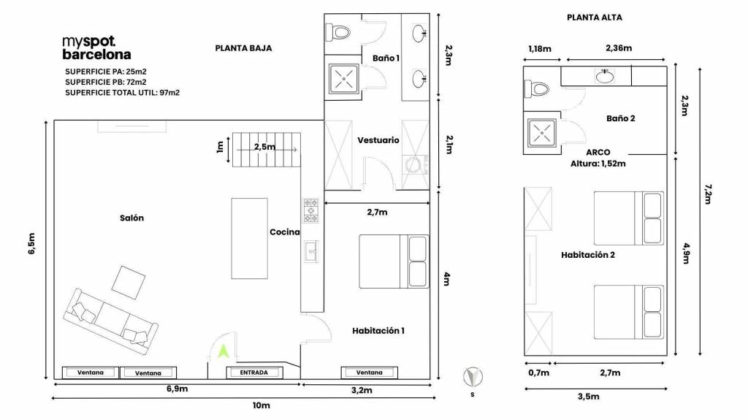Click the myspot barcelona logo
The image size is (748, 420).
pos(96,48)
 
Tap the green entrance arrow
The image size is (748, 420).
pos(224,352)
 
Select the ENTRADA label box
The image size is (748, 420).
pos(253,373)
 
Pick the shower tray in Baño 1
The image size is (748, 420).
pos(343,78)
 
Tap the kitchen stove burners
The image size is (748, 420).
pos(311,210)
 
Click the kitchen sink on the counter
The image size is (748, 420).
pos(311,251)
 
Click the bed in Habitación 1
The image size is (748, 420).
pos(394,261)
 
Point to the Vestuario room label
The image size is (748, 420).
pos(378,140)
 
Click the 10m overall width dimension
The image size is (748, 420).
pos(262,405)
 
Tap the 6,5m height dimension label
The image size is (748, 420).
pos(31,243)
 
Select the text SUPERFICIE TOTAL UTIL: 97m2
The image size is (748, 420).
pos(123,93)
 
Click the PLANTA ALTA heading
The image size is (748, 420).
pos(595,18)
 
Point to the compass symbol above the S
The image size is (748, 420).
pos(473,377)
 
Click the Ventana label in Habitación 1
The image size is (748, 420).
pos(369,373)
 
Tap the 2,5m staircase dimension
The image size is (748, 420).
pos(264,147)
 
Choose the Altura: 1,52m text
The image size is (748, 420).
pos(598,164)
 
